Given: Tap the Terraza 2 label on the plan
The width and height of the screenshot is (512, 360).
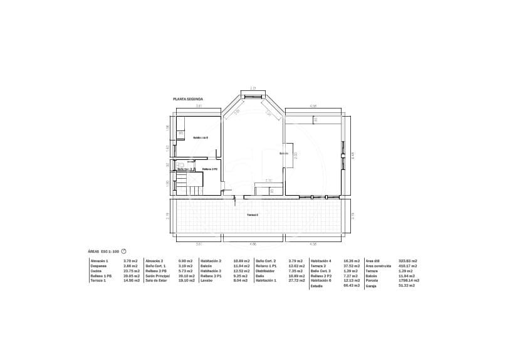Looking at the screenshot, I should [252, 215].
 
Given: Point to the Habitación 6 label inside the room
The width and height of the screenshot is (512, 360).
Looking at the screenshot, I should [201, 137].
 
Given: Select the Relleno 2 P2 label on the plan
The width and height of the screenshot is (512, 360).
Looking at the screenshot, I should [210, 169].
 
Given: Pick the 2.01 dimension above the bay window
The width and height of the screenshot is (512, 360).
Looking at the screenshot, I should [253, 88].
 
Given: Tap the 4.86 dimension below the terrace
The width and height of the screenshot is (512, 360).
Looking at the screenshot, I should [253, 243].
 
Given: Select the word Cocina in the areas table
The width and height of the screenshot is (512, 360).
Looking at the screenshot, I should [95, 270].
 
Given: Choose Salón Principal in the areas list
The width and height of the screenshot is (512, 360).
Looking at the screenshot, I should [157, 275].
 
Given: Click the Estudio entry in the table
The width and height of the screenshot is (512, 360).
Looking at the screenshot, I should [316, 285].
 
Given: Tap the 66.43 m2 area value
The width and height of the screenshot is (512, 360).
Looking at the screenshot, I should [352, 285].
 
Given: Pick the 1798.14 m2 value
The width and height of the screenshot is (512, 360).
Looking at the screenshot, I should [409, 280].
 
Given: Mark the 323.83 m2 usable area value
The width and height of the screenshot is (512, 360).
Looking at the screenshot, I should [408, 260].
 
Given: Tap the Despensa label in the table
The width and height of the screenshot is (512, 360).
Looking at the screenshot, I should [98, 265].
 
